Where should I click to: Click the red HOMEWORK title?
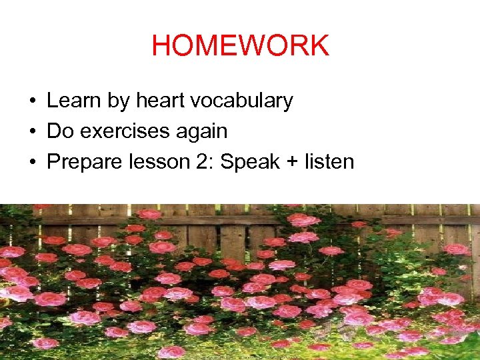point(240,46)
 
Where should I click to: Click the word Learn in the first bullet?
point(69,101)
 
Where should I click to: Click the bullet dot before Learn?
point(32,101)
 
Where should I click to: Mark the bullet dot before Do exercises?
point(32,132)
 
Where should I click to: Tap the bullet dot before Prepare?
point(32,163)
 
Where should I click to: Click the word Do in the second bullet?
point(60,131)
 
